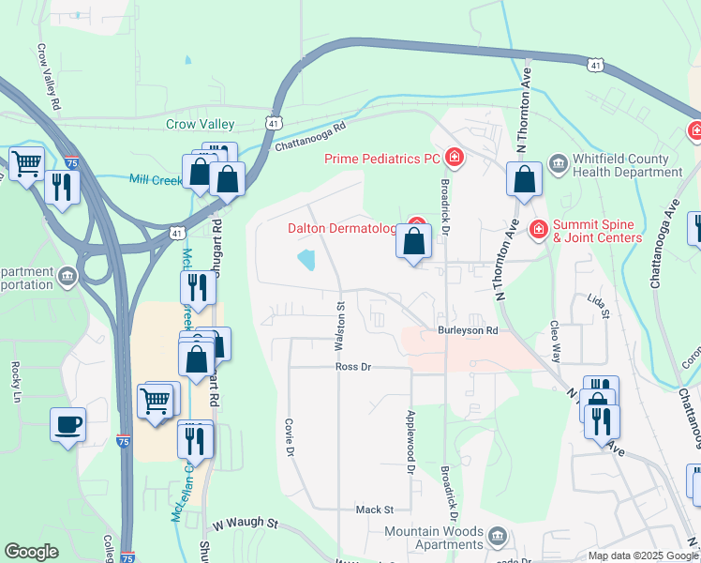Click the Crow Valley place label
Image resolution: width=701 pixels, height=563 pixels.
[201, 124]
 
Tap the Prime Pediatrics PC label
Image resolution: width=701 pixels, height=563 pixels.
[382, 159]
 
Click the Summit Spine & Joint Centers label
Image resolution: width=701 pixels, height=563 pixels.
[597, 231]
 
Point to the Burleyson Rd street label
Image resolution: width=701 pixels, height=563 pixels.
[467, 331]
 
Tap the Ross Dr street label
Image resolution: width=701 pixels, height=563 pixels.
[353, 367]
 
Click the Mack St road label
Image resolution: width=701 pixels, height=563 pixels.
[374, 510]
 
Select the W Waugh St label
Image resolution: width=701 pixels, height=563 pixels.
[246, 522]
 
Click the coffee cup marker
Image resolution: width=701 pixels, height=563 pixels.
[68, 424]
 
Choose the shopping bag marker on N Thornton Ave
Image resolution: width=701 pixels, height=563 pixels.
[524, 178]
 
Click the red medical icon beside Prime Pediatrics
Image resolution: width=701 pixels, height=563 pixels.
[454, 158]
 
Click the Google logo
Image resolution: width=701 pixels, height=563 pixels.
[32, 552]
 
